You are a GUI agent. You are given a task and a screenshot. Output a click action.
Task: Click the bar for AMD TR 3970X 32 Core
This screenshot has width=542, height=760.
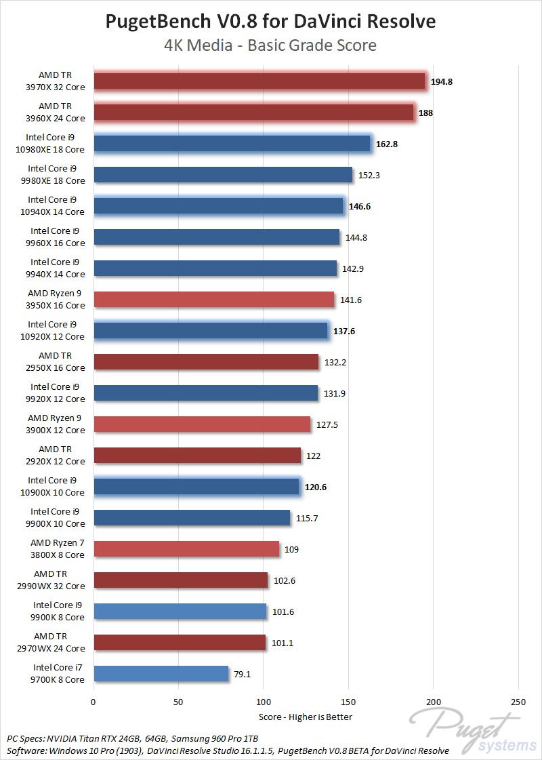pyautogui.click(x=259, y=81)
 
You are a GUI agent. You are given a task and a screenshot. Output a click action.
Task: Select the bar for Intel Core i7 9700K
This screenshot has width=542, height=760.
pyautogui.click(x=161, y=674)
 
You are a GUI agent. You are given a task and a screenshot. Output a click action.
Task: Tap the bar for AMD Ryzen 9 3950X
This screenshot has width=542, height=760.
pyautogui.click(x=213, y=300)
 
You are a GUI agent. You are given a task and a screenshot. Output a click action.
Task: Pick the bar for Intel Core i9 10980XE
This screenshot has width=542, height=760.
pyautogui.click(x=232, y=144)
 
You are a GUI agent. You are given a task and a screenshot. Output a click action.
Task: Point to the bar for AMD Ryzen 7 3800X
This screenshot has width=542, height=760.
pyautogui.click(x=186, y=549)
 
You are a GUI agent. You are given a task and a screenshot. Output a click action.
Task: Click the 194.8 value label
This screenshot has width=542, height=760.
pyautogui.click(x=442, y=82)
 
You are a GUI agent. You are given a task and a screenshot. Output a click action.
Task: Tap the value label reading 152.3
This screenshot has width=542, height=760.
pyautogui.click(x=369, y=176)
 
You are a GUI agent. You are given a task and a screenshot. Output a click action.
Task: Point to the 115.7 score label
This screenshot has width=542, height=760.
pyautogui.click(x=306, y=519)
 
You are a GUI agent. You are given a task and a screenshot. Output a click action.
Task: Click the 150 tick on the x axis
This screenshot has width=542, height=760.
pyautogui.click(x=348, y=703)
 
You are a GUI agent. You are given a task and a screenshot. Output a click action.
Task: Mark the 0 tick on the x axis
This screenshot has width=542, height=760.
pyautogui.click(x=93, y=703)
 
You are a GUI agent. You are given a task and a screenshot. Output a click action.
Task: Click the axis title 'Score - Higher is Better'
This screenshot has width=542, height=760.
pyautogui.click(x=306, y=717)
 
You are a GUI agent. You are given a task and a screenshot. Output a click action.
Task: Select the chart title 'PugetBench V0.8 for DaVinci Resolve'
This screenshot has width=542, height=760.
pyautogui.click(x=271, y=22)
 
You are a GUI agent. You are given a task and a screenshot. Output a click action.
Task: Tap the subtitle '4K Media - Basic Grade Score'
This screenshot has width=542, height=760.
pyautogui.click(x=271, y=46)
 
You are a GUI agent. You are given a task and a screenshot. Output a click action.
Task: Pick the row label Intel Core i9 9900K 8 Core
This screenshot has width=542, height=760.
pyautogui.click(x=59, y=612)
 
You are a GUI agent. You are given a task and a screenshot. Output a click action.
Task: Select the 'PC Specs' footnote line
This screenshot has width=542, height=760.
pyautogui.click(x=133, y=738)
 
